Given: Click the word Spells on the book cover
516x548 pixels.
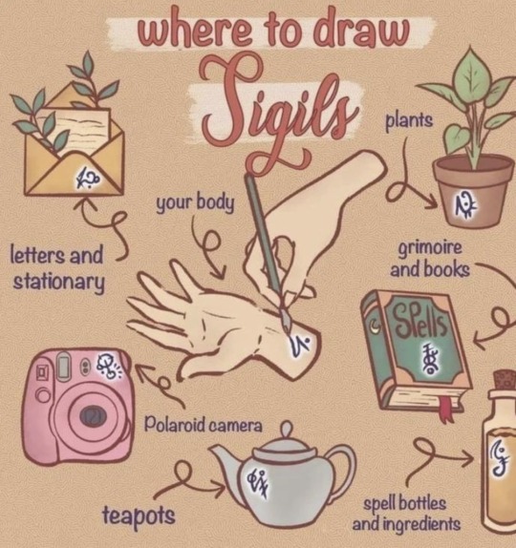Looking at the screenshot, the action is point(419,319).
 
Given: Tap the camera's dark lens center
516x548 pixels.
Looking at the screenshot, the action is point(93,416).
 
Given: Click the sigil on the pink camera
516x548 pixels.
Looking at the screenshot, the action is point(108,367).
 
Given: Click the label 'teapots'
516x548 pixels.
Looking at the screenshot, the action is point(139,516).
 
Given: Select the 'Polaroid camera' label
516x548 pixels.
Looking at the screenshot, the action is point(203,425).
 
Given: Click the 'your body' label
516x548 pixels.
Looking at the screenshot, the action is point(195,203).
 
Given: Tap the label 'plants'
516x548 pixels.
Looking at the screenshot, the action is point(409,121).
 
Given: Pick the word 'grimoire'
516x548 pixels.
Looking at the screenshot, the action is point(430,249).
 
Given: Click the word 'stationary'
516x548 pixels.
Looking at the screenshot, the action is point(59,282).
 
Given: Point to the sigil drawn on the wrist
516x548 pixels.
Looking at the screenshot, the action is point(300,346).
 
